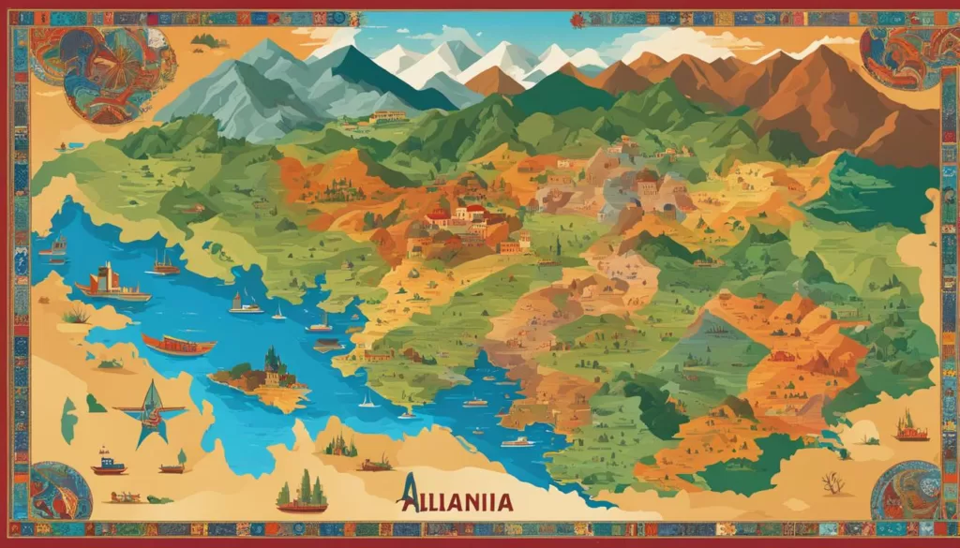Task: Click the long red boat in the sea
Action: coord(178,345)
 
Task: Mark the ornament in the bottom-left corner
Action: coord(58,490)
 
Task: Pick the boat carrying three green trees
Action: coord(302,496)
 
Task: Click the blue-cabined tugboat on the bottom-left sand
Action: coord(109,463)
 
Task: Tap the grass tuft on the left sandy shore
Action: coord(77,316)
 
